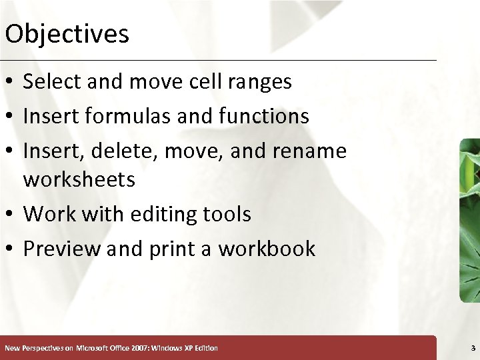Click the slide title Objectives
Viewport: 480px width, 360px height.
(x=67, y=33)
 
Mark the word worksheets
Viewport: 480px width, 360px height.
(x=79, y=180)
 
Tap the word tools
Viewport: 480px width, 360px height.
(x=227, y=215)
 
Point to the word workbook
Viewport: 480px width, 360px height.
(x=267, y=249)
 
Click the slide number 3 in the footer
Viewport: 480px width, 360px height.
(x=473, y=348)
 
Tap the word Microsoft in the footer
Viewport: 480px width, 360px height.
(x=95, y=348)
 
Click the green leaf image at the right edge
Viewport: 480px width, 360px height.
(x=469, y=220)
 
